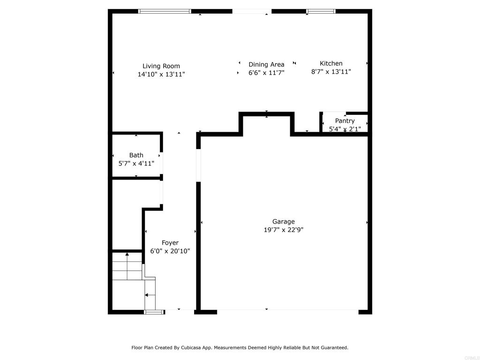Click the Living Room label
[x=161, y=66]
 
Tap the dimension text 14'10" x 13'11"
[x=161, y=74]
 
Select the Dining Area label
[x=266, y=65]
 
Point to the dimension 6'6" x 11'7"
[x=266, y=73]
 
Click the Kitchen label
[x=331, y=63]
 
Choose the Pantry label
[x=345, y=121]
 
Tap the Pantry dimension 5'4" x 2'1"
[x=345, y=129]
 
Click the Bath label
[x=136, y=155]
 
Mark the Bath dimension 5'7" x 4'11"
[x=136, y=164]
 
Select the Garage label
[x=284, y=222]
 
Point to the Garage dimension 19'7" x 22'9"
[x=284, y=230]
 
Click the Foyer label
[x=170, y=243]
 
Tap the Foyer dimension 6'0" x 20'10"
[x=170, y=251]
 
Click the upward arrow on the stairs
[x=127, y=266]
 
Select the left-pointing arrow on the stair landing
[x=150, y=295]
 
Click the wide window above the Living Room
[x=165, y=11]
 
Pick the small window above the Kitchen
[x=321, y=11]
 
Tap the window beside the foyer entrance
[x=154, y=312]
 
